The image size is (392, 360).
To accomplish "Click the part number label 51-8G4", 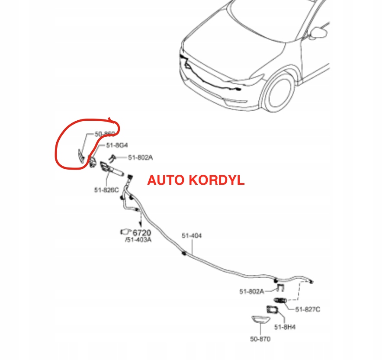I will [117, 146].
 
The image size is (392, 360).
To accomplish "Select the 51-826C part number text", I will [106, 190].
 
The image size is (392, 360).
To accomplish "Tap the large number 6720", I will [141, 232].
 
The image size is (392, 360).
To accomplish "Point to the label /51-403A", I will [138, 240].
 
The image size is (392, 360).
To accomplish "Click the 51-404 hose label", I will [191, 236].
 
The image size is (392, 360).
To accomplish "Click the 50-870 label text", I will [260, 339].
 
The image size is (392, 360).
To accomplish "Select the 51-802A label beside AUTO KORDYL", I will [140, 158].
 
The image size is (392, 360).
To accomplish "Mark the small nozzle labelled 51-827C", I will [280, 300].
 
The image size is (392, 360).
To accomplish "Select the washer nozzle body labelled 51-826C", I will [111, 170].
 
